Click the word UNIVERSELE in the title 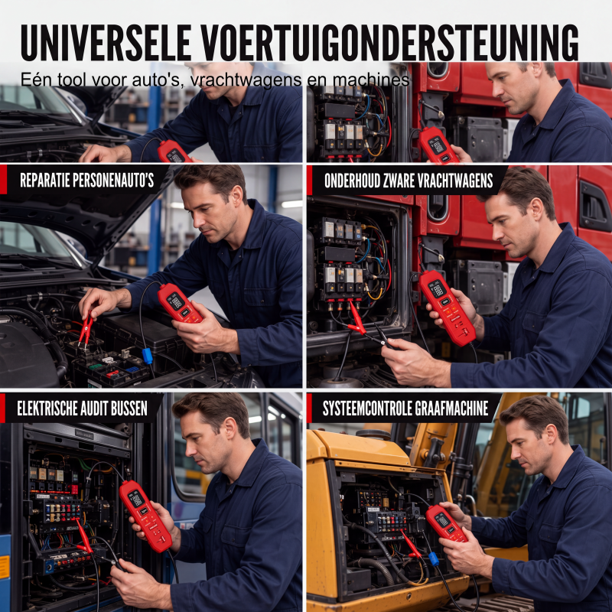point(106,43)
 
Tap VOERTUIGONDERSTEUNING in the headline point(389,43)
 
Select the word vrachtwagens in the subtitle point(246,80)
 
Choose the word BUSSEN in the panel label point(129,409)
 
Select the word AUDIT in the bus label point(94,409)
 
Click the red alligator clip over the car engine point(86,330)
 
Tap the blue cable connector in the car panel point(147,356)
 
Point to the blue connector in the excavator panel point(434,558)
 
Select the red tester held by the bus point(145,516)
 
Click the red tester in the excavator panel point(446,523)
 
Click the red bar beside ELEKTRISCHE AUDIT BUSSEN point(2,408)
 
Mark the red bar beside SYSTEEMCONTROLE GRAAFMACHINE point(309,408)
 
